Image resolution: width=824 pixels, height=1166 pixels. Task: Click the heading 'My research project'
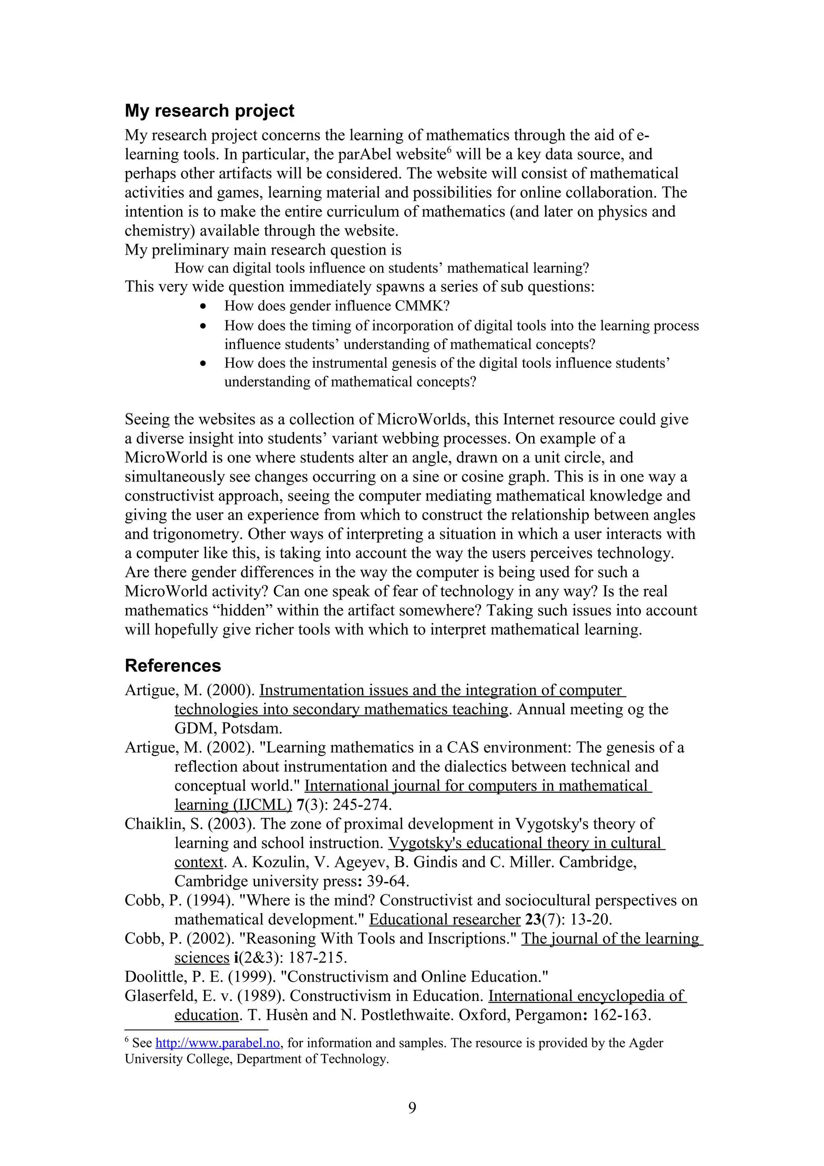pyautogui.click(x=209, y=111)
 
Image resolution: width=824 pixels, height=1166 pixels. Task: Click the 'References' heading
pyautogui.click(x=173, y=666)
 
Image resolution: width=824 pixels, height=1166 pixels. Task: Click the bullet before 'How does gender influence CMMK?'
pyautogui.click(x=203, y=306)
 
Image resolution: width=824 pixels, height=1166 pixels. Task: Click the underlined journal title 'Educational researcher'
pyautogui.click(x=444, y=920)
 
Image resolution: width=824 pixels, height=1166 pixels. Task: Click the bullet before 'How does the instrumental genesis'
pyautogui.click(x=203, y=364)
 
